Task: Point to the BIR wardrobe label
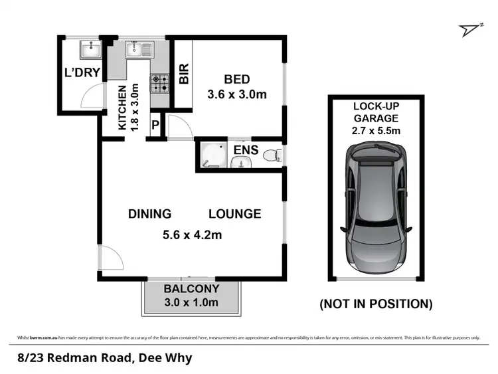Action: pos(184,74)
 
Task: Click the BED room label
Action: pos(237,78)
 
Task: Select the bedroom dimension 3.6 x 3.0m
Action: pos(238,94)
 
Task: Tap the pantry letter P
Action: pos(156,124)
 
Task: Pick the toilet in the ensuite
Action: pos(272,156)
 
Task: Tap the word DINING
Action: pos(149,214)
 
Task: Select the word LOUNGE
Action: pos(234,214)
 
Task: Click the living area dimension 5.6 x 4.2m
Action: pos(192,234)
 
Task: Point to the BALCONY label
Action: pos(191,290)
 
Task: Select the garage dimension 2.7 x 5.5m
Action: pos(376,131)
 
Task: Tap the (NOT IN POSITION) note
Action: pos(376,304)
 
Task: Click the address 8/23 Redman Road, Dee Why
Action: pos(105,358)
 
